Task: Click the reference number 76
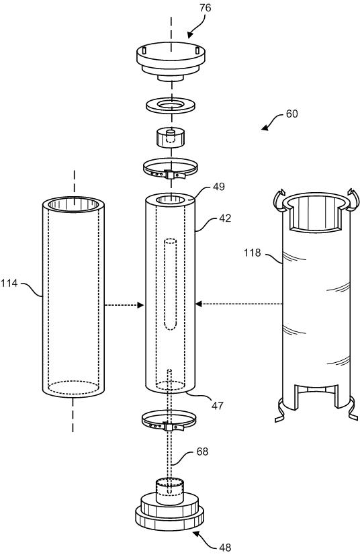206,8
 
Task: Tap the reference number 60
291,114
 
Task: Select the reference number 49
219,187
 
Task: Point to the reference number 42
225,218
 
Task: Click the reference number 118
252,253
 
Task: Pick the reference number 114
9,283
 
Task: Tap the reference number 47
218,405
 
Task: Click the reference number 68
202,452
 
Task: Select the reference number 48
225,548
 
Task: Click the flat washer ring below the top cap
171,106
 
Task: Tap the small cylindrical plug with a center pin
171,137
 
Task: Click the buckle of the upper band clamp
169,175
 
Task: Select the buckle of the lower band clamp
169,427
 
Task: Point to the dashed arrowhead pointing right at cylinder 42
141,305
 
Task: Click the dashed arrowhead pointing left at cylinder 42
199,304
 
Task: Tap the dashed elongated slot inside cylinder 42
171,284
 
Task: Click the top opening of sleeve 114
74,204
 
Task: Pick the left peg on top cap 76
144,51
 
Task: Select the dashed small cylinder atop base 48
171,486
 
